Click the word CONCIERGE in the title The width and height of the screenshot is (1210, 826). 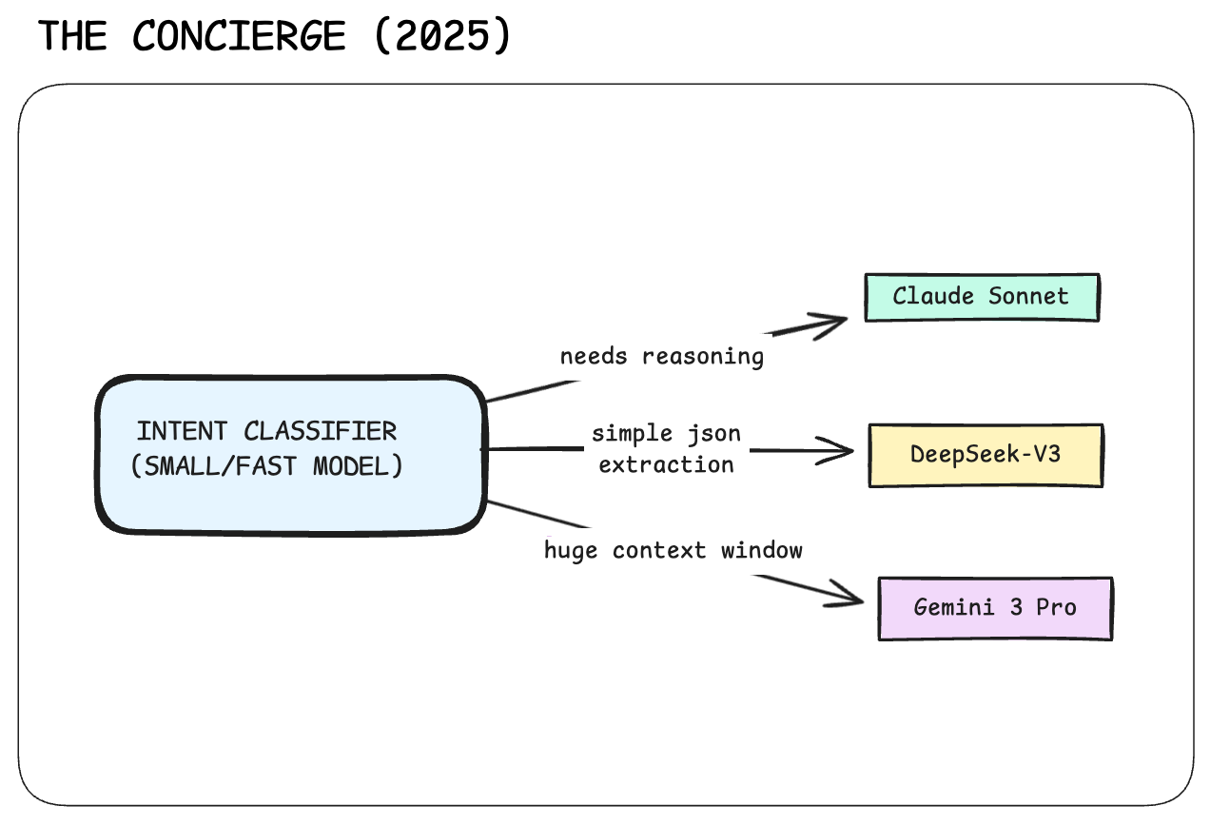pos(240,36)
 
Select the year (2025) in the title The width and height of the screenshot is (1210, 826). pos(442,35)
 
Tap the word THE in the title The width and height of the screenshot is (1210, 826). pos(72,36)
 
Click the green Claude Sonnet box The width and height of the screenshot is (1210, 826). pos(982,297)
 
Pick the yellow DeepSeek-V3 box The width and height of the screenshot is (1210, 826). pos(986,456)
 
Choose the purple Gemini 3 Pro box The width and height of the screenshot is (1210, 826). pos(996,609)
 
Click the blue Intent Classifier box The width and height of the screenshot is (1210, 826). pos(291,455)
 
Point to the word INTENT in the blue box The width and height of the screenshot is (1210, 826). pos(182,432)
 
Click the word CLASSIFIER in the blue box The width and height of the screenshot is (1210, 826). pos(321,432)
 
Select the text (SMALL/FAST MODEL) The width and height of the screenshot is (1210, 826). pos(267,466)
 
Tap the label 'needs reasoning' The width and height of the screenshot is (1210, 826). pos(662,357)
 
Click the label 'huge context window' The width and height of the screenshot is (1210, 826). pos(673,551)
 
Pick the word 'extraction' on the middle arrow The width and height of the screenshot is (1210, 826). pos(667,465)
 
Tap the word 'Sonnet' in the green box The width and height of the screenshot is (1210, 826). pos(1028,296)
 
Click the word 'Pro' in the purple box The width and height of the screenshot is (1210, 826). pos(1056,608)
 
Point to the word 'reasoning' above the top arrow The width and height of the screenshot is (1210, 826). pos(703,358)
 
